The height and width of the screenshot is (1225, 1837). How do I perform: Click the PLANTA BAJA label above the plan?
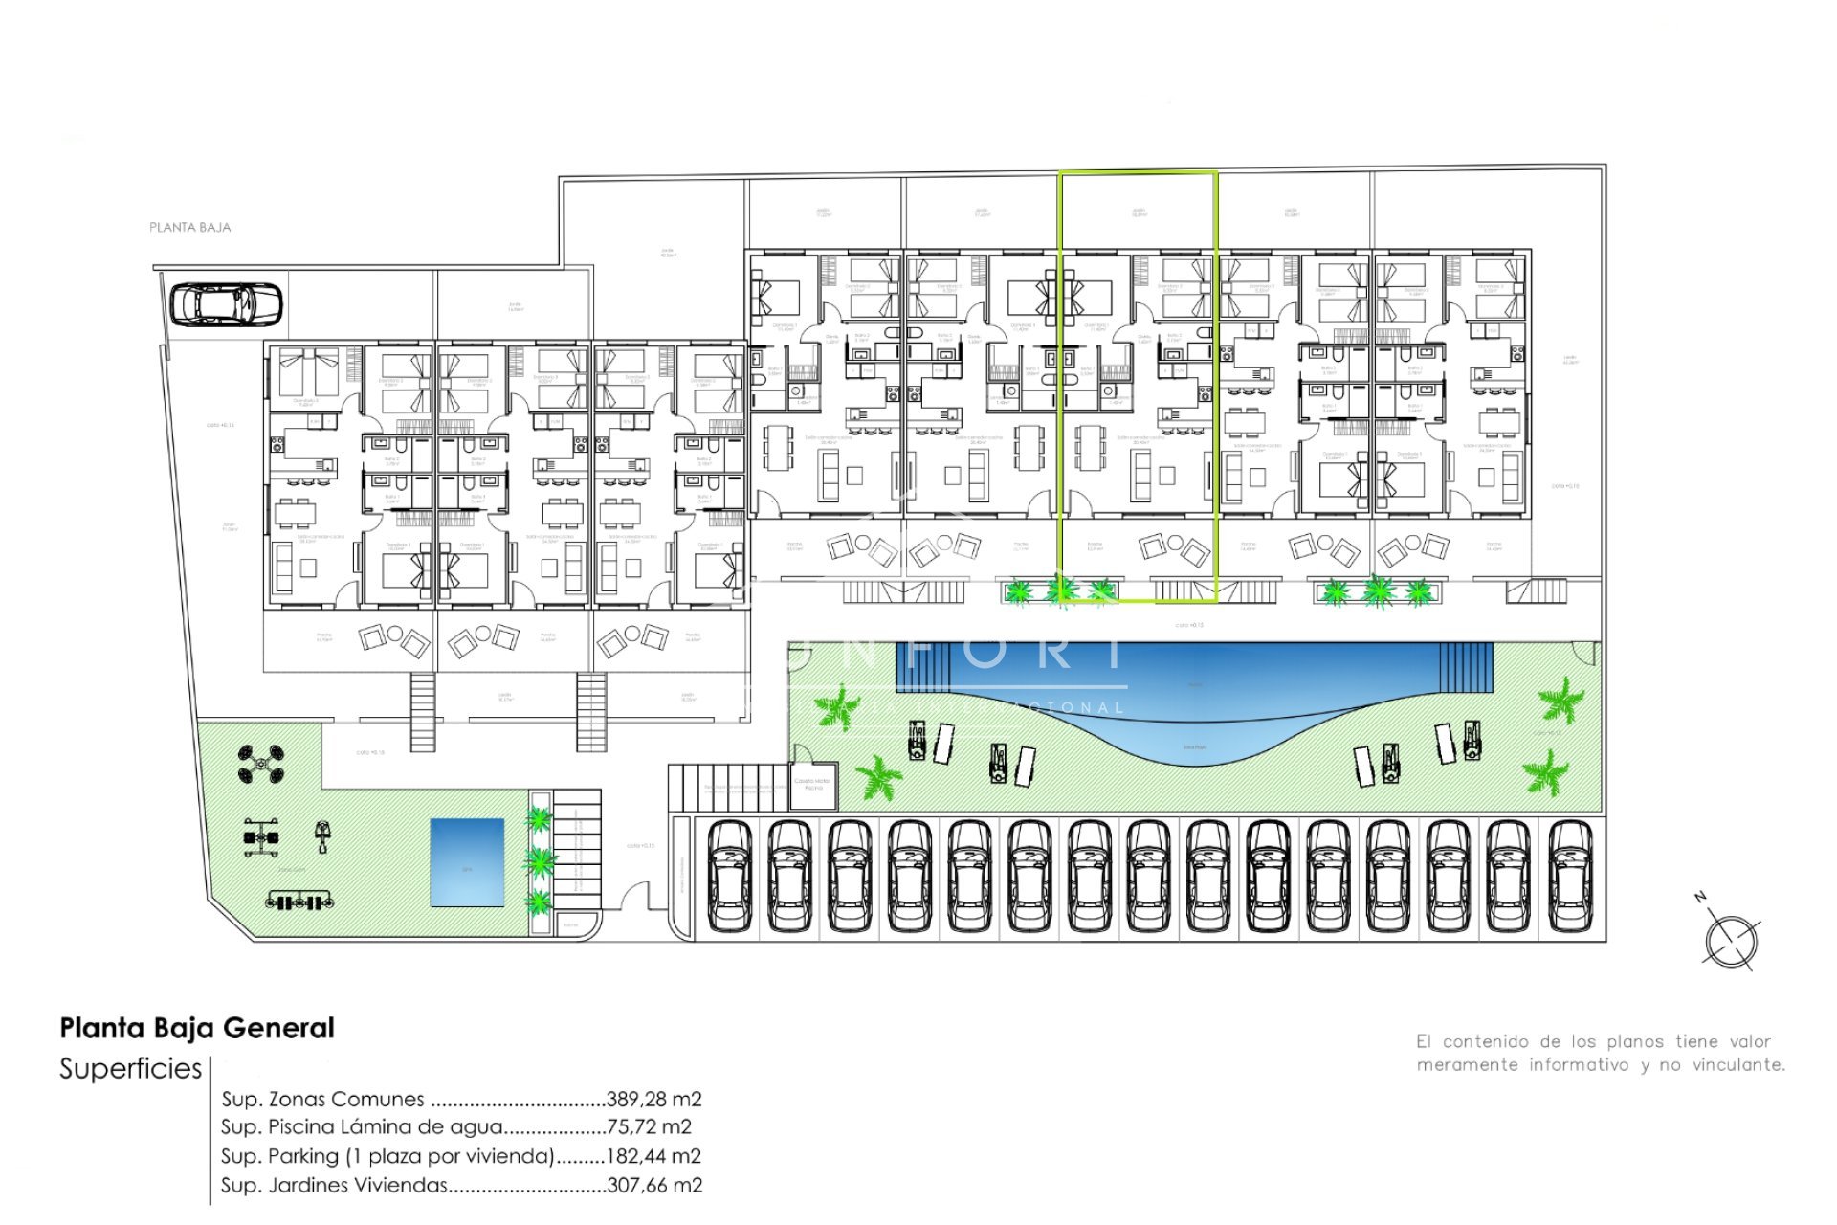coord(189,228)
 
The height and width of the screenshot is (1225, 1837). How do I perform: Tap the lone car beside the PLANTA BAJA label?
coord(226,304)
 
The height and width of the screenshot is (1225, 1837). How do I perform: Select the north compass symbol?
coord(1730,940)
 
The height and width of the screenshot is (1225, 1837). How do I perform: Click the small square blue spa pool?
coord(467,862)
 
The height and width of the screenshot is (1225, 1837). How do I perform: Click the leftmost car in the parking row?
coord(730,877)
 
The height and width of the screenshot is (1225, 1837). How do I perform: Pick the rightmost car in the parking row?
coord(1569,877)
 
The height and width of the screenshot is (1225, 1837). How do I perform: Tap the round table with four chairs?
coord(260,765)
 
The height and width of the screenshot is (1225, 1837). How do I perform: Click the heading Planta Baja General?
coord(197,1029)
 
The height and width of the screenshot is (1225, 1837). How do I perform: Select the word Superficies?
coord(131,1069)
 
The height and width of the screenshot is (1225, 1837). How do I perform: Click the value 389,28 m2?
coord(654,1100)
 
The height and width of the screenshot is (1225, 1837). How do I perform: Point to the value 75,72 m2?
coord(649,1127)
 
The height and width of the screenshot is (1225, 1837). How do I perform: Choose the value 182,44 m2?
coord(654,1156)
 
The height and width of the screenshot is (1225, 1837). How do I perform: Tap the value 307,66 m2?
coord(654,1185)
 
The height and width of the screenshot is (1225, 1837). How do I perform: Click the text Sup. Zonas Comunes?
coord(322,1100)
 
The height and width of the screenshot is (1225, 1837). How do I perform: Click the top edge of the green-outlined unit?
coord(1138,172)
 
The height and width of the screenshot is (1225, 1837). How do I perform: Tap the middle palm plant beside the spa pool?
coord(541,860)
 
